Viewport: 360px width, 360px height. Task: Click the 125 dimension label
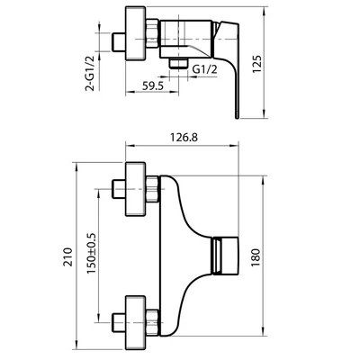pyautogui.click(x=257, y=64)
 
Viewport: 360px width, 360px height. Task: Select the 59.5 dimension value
pyautogui.click(x=152, y=86)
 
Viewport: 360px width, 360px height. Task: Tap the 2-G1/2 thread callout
pyautogui.click(x=90, y=73)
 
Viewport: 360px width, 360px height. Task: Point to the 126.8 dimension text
pyautogui.click(x=184, y=138)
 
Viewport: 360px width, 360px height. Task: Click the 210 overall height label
pyautogui.click(x=68, y=256)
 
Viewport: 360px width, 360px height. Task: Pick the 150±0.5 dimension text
pyautogui.click(x=91, y=253)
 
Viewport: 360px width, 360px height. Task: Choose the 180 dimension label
pyautogui.click(x=256, y=258)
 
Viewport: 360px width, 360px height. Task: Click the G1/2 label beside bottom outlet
pyautogui.click(x=204, y=69)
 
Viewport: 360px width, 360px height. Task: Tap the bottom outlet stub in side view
pyautogui.click(x=178, y=64)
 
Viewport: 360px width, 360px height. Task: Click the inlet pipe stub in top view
pyautogui.click(x=118, y=42)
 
